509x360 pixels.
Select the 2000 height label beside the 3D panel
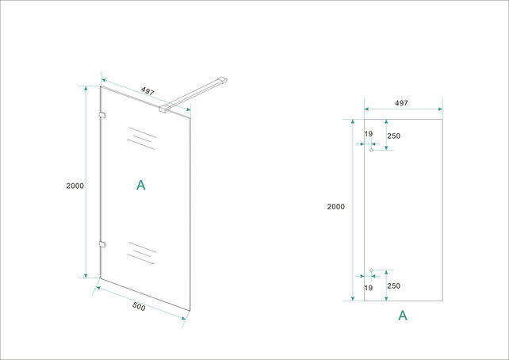click(x=75, y=186)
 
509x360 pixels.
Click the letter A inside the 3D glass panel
click(x=141, y=185)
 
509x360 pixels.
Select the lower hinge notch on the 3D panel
click(x=101, y=243)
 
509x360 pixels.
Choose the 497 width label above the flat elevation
click(x=401, y=103)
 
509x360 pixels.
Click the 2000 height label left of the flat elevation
click(x=335, y=206)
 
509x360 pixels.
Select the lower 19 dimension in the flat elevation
click(x=369, y=288)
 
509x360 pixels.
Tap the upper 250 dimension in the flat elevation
click(x=394, y=136)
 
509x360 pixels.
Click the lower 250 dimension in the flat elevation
click(x=394, y=287)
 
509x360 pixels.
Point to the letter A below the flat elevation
click(x=403, y=316)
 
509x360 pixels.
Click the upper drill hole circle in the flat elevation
click(x=371, y=151)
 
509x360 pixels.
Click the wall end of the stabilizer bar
click(x=224, y=78)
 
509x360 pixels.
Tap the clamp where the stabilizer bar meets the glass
click(x=163, y=108)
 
